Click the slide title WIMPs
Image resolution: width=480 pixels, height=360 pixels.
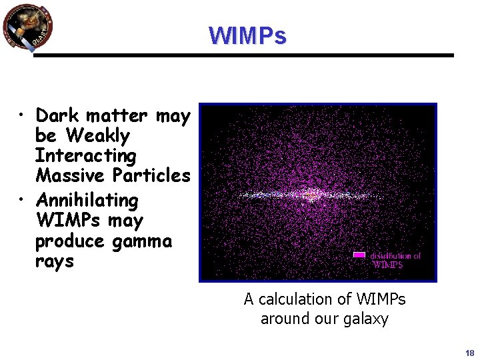click(247, 35)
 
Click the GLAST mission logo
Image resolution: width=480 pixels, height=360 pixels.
click(27, 27)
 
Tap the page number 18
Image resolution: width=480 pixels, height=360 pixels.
click(469, 353)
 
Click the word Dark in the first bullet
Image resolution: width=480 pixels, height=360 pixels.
click(57, 115)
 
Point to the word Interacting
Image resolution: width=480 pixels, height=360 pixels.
click(85, 156)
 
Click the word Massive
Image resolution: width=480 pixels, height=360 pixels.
click(71, 176)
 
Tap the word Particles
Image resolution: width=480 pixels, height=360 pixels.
click(152, 176)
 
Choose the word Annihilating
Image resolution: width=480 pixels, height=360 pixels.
click(87, 200)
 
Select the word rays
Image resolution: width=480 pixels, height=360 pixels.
click(54, 261)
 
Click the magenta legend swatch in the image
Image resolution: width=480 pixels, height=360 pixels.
click(359, 255)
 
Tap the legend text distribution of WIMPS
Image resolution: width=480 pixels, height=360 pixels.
click(395, 259)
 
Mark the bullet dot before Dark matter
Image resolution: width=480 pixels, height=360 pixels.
click(23, 117)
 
